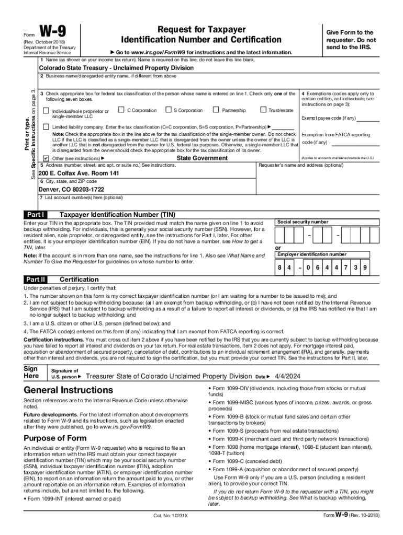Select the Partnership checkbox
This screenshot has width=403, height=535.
click(x=216, y=110)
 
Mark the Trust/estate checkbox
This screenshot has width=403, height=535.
click(x=263, y=110)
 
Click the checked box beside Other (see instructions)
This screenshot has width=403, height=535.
click(x=46, y=158)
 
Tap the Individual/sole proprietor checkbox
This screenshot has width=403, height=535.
click(x=46, y=111)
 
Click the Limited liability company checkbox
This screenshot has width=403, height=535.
click(x=46, y=127)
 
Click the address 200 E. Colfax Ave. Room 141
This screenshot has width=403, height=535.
click(x=79, y=172)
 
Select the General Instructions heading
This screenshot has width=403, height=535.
click(x=68, y=390)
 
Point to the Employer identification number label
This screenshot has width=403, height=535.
click(x=312, y=254)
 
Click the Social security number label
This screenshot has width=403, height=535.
click(x=303, y=222)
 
